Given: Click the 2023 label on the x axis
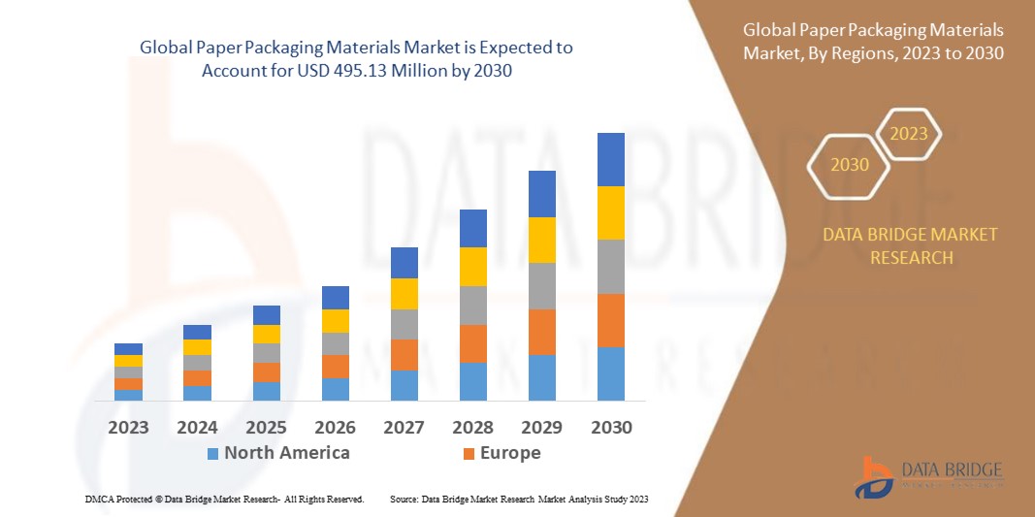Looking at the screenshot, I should [x=128, y=427].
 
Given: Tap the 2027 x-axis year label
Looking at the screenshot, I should [x=404, y=427].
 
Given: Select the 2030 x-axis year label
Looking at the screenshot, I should [x=610, y=427].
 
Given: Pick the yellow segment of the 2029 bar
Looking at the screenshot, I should [x=541, y=240].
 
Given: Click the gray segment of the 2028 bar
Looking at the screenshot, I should [x=472, y=305].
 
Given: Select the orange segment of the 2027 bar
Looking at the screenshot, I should [x=404, y=354].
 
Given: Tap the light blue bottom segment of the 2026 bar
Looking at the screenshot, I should [x=335, y=389].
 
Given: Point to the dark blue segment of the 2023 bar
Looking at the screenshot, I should [x=128, y=349].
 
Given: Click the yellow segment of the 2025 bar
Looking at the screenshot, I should [x=266, y=334].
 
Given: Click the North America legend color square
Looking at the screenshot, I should [x=212, y=453].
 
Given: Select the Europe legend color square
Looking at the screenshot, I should [x=469, y=453].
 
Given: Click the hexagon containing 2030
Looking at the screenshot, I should [x=850, y=166].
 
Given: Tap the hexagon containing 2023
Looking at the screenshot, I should [x=909, y=134].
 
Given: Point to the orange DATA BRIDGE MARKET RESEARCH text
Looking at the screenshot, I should [x=910, y=246].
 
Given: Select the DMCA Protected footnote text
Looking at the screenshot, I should [x=223, y=499].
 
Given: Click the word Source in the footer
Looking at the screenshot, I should [x=404, y=499].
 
